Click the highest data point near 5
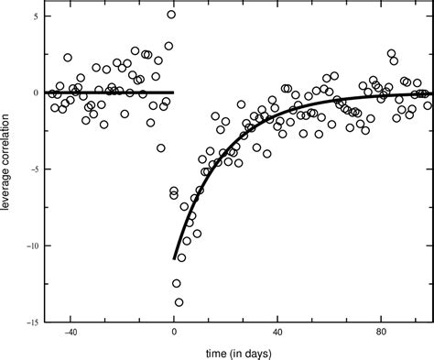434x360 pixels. coord(171,15)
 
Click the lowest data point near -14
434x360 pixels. coord(179,301)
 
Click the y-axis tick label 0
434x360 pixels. coord(34,93)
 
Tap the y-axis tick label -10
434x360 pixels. coord(30,245)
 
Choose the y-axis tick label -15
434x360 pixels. coord(30,322)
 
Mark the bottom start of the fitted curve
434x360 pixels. coord(174,258)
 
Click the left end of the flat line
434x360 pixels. coord(45,93)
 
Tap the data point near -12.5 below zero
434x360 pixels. coord(177,283)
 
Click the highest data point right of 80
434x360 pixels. coord(392,53)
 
